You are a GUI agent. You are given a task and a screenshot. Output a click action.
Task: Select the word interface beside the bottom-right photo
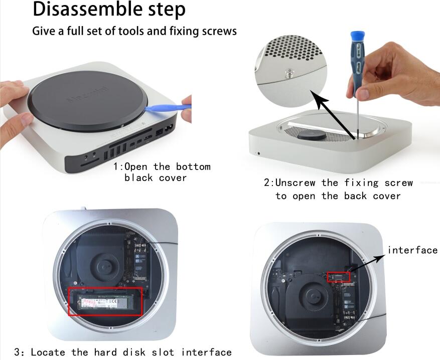pos(413,250)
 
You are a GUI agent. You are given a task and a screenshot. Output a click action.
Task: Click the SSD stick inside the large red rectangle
pos(105,301)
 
